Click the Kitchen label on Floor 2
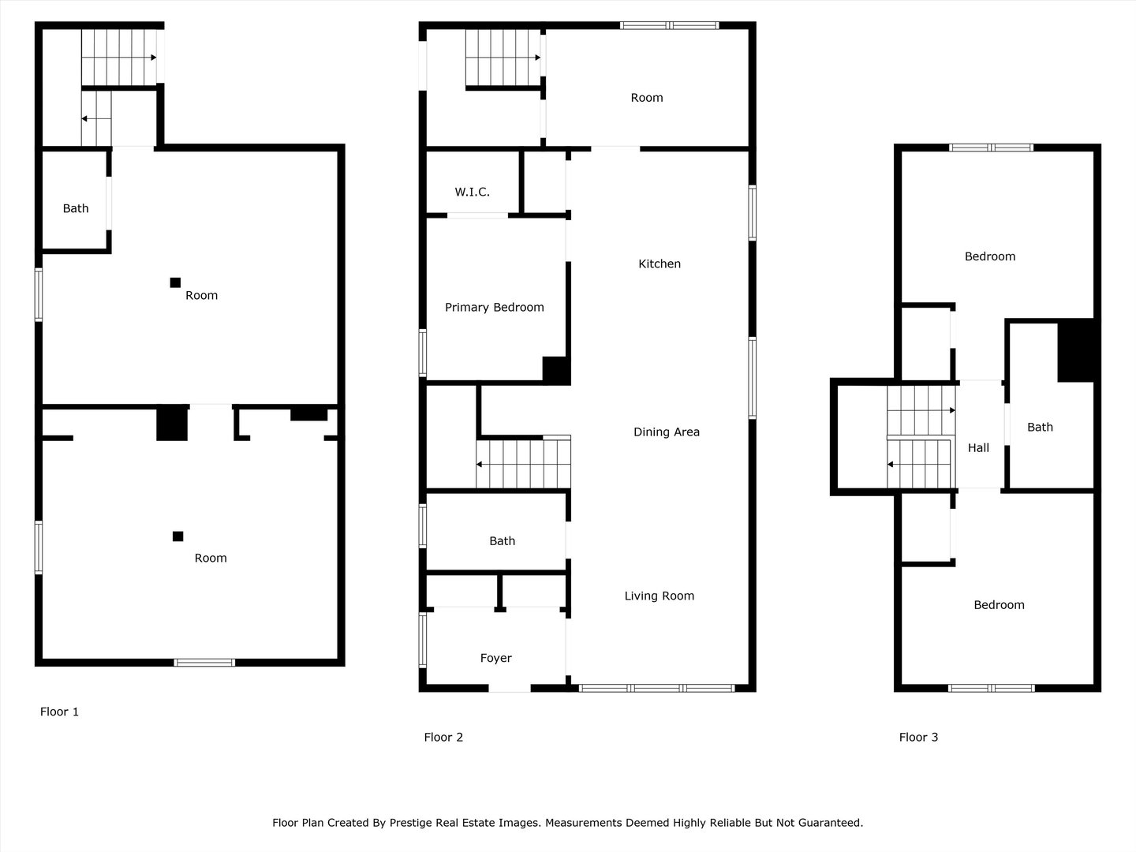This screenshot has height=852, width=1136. coord(659,264)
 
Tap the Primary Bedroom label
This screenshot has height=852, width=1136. coord(494,308)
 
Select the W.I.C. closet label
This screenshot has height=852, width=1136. coord(472,192)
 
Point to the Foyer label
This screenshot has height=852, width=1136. coord(495,658)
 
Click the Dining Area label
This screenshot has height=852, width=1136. coord(666,432)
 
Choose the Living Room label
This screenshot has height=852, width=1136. coord(659,596)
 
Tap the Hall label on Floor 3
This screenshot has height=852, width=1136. coord(978,448)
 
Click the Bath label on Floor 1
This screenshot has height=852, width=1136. coord(76,209)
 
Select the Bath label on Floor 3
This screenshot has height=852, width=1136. coord(1040,428)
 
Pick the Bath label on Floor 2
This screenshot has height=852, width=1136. coord(502,541)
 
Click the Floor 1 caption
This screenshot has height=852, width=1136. coord(59,712)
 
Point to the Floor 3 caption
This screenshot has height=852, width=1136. coord(918,738)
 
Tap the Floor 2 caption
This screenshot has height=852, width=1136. coord(443,738)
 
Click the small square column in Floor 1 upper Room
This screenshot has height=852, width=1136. coord(175,282)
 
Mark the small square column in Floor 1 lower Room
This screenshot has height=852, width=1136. coord(177,536)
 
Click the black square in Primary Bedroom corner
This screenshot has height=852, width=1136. coord(555,370)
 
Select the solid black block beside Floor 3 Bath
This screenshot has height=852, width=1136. coord(1074,350)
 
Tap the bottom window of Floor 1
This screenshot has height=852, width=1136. coord(204,663)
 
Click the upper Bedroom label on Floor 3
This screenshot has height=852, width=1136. coord(989,256)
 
